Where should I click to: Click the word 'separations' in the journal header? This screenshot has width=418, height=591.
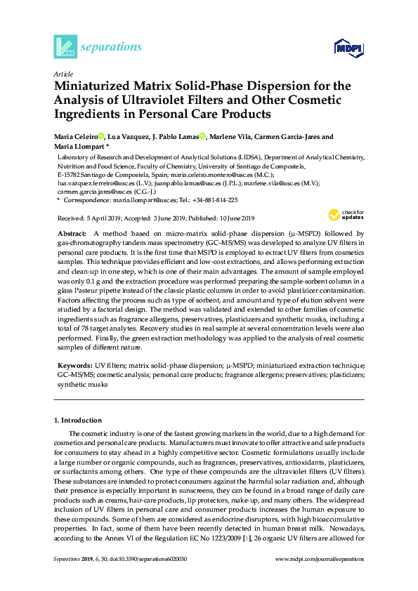[x=112, y=47]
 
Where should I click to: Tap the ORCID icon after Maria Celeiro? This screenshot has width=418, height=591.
[x=100, y=136]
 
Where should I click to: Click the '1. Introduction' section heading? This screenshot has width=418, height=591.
[x=77, y=420]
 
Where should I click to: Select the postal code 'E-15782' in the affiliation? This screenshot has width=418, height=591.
[x=70, y=175]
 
